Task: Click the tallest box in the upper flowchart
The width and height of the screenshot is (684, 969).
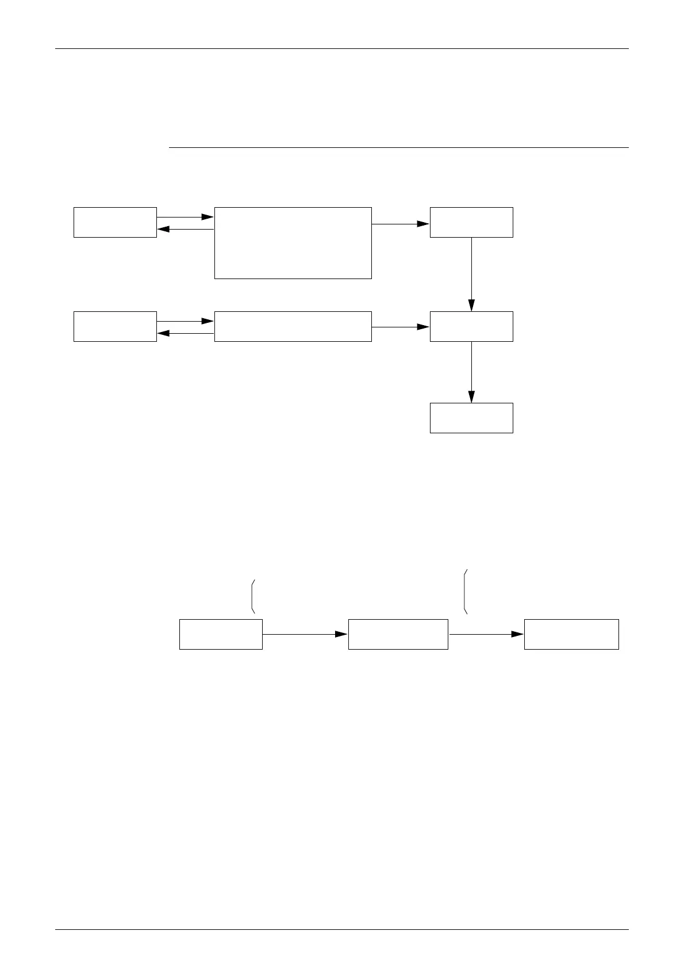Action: tap(293, 243)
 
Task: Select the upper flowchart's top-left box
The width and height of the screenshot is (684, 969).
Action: tap(115, 222)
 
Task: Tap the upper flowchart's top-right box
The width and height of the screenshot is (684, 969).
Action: tap(471, 222)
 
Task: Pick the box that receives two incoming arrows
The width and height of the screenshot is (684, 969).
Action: tap(471, 326)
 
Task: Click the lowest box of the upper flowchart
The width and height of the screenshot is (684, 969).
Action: tap(471, 418)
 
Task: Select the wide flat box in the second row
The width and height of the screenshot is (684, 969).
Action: tap(293, 326)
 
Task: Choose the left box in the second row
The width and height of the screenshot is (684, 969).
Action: tap(115, 326)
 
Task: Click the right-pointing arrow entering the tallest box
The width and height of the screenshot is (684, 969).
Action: tap(185, 218)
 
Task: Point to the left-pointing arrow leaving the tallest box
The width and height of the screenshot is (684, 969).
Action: tap(185, 229)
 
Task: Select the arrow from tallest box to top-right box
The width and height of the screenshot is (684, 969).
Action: tap(401, 223)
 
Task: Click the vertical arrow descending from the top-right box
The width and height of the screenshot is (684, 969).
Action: tap(471, 274)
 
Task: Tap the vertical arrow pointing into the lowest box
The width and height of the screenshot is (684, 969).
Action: tap(471, 372)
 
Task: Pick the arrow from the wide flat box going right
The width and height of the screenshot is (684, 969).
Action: tap(401, 327)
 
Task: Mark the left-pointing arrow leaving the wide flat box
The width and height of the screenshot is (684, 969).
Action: tap(185, 333)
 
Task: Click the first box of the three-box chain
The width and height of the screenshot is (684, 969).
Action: tap(221, 634)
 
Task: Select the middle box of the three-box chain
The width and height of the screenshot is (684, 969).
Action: tap(398, 634)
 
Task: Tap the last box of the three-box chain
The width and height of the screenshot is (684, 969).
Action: tap(571, 634)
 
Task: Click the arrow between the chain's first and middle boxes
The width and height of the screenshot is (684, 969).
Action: tap(305, 634)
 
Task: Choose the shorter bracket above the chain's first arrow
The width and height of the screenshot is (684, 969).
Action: tap(252, 596)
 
